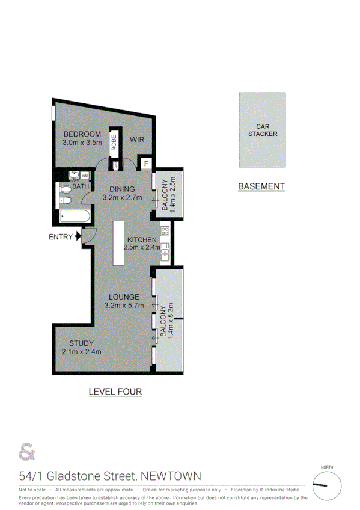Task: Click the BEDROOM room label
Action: pos(81,134)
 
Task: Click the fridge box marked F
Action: pos(145,163)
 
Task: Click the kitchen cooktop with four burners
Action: pos(164,232)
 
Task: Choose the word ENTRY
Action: pos(61,237)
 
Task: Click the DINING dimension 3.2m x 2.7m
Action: pos(122,197)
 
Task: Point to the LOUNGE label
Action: pos(124,296)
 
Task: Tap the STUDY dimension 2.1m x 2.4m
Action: pos(81,352)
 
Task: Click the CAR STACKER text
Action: pos(263,130)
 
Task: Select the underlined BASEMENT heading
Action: pos(261,186)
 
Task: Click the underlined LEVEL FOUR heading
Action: pos(115,392)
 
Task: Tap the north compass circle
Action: pos(327,485)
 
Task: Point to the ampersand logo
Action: pos(27,450)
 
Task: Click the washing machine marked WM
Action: pos(85,175)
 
